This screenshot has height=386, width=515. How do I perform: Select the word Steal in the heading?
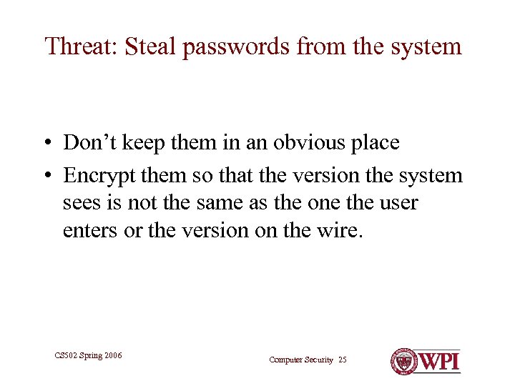click(147, 46)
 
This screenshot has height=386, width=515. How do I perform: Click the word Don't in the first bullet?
click(90, 142)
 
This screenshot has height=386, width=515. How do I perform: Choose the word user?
click(398, 204)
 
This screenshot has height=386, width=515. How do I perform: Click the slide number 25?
click(342, 360)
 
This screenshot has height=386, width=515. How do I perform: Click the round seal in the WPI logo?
click(403, 361)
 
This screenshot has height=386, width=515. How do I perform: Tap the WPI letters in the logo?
click(438, 361)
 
